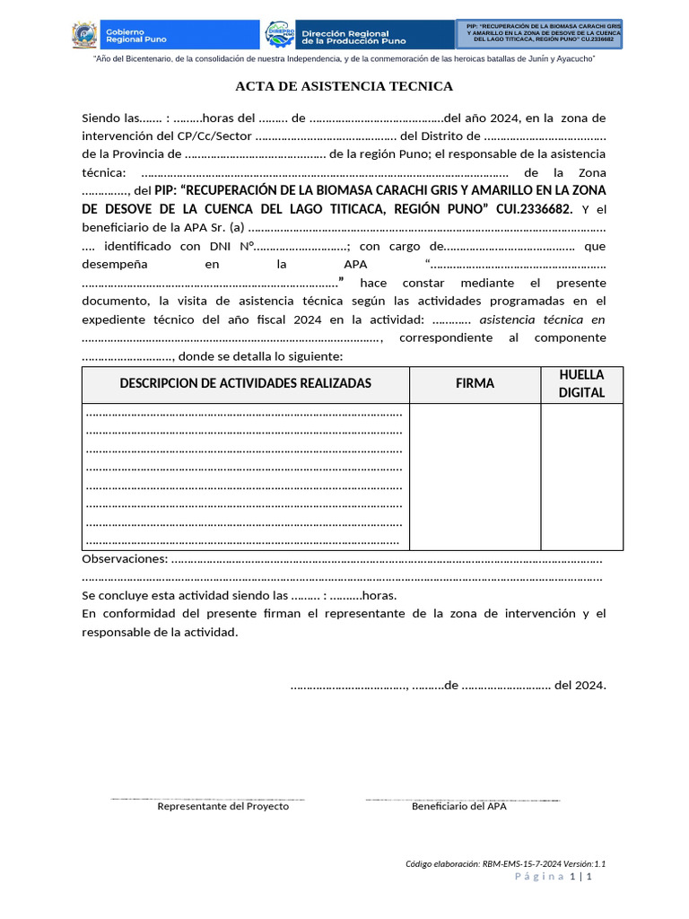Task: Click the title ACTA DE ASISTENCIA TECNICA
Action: (x=344, y=86)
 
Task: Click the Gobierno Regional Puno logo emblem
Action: (x=85, y=35)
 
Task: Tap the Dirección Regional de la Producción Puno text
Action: (x=353, y=36)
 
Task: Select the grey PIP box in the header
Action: (x=539, y=33)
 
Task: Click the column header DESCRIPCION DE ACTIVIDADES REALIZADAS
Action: (x=246, y=383)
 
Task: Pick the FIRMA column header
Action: (x=475, y=383)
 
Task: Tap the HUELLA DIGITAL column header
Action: (x=581, y=383)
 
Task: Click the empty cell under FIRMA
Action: (x=475, y=476)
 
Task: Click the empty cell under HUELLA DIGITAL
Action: (x=581, y=476)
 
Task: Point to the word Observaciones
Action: (x=124, y=559)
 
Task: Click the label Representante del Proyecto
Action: (x=222, y=806)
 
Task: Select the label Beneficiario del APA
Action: (x=458, y=806)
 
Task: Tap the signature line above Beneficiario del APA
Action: (x=462, y=799)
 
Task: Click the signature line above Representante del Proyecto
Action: (x=207, y=799)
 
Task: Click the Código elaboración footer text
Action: (x=511, y=863)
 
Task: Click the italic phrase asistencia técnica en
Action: (x=542, y=319)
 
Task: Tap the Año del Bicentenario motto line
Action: (x=344, y=58)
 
